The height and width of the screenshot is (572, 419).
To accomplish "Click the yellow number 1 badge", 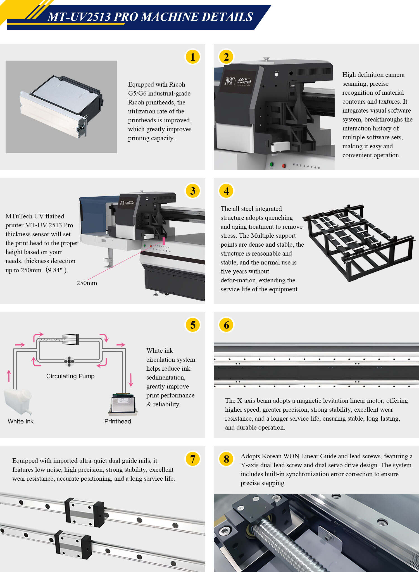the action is (x=192, y=57).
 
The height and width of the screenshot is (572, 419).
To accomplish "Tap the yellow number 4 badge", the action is (x=226, y=191).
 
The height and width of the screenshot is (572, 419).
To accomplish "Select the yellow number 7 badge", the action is (x=192, y=459).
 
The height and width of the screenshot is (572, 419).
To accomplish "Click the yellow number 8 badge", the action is (x=226, y=459).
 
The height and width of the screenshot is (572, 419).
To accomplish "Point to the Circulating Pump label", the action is (x=70, y=376).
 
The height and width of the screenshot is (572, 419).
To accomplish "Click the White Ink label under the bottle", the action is (x=21, y=421).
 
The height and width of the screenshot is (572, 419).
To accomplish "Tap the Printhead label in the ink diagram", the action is (x=118, y=421).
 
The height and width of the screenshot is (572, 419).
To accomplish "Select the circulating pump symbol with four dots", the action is (x=69, y=361).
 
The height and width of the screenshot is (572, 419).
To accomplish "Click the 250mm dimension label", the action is (x=87, y=283).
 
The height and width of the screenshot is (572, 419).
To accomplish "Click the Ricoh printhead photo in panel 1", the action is (x=61, y=107).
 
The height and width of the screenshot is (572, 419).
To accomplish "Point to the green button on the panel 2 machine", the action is (x=272, y=164).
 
